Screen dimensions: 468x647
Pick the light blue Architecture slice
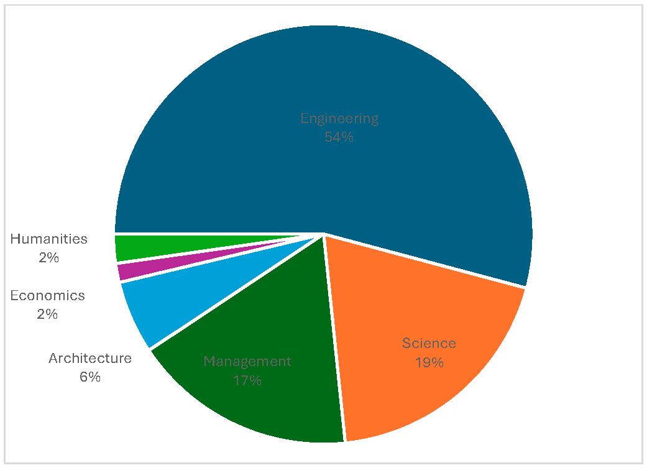[162, 305]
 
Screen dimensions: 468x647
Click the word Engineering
[339, 118]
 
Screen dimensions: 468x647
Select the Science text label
[429, 343]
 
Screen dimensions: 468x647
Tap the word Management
[247, 361]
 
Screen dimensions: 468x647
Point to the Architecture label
[90, 358]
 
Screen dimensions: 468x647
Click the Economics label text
[47, 296]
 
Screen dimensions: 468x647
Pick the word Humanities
[48, 239]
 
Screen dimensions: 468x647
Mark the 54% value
[339, 137]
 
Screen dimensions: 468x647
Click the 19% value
[429, 362]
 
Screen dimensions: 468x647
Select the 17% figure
[247, 380]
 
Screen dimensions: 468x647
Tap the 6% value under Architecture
[90, 377]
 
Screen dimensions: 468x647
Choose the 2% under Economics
[47, 314]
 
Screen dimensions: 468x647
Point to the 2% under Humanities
[48, 257]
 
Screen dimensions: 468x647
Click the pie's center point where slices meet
[324, 234]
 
